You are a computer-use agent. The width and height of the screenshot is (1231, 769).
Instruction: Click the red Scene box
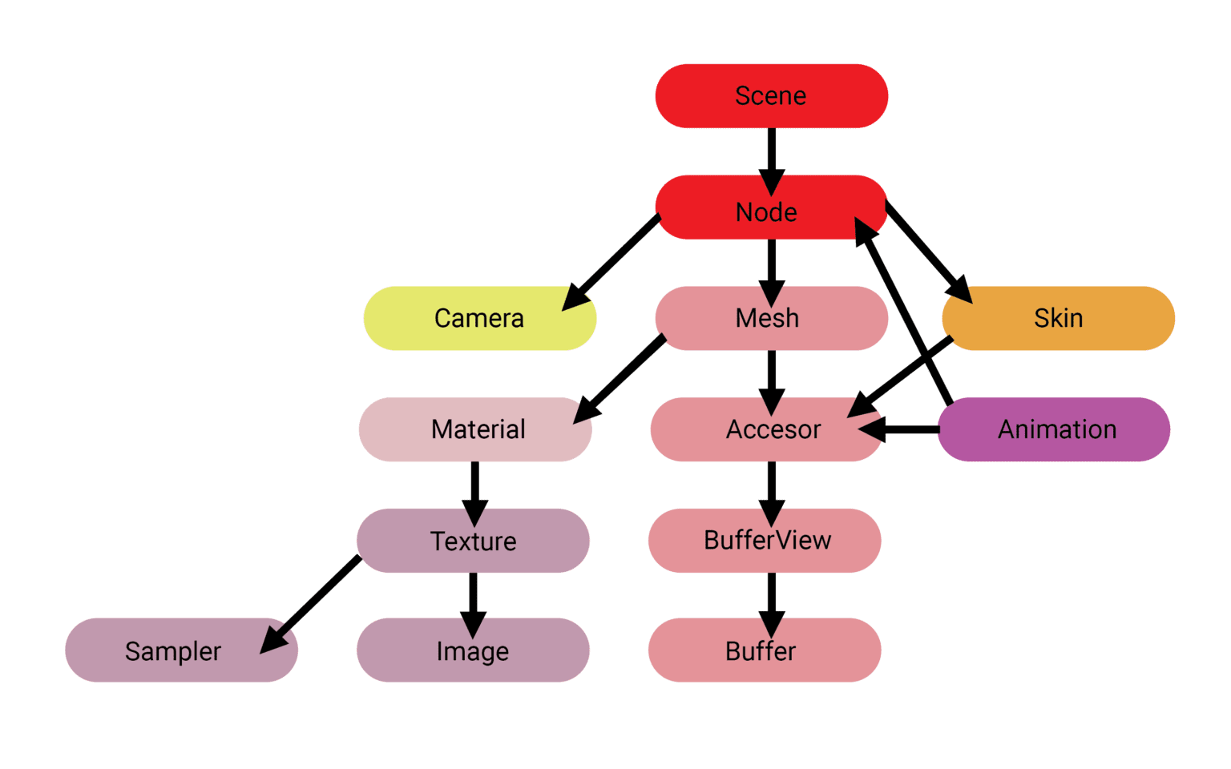[771, 96]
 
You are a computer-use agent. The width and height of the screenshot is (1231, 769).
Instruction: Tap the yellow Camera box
[479, 318]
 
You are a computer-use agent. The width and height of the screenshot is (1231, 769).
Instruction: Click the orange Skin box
[1058, 318]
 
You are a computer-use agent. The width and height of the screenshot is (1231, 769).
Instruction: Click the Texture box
[473, 541]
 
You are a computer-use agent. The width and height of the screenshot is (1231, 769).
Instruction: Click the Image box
[473, 650]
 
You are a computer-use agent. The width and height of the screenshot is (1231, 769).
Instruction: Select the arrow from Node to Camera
[612, 261]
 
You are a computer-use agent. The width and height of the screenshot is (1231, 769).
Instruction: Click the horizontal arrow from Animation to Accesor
[902, 430]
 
